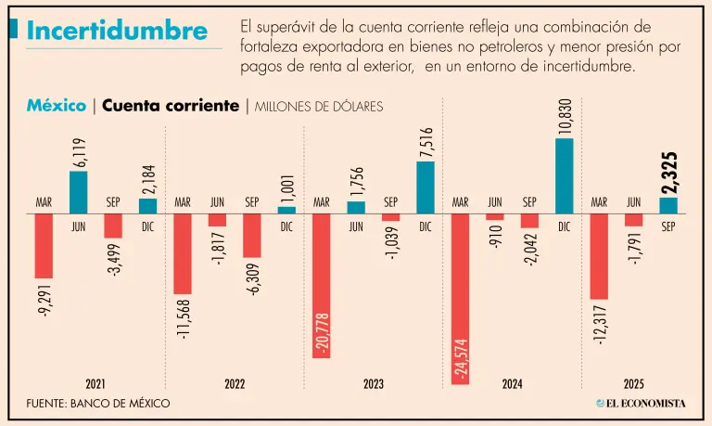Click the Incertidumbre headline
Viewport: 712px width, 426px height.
[x=117, y=31]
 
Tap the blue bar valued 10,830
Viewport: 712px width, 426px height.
[x=565, y=175]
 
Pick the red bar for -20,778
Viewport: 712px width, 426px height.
[x=321, y=285]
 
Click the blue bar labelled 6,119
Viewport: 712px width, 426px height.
[x=79, y=191]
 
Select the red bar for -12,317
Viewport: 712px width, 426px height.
[x=599, y=256]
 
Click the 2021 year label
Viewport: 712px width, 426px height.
[x=95, y=383]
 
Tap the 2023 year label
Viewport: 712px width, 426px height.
[x=374, y=383]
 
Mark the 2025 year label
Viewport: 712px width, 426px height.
[x=634, y=383]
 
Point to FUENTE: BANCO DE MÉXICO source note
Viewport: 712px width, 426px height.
[x=98, y=404]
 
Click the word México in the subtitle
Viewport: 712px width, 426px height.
[x=57, y=106]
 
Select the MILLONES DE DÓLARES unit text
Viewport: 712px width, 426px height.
[x=318, y=107]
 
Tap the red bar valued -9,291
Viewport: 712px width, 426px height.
[x=44, y=245]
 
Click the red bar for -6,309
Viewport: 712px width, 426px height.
[x=251, y=235]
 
